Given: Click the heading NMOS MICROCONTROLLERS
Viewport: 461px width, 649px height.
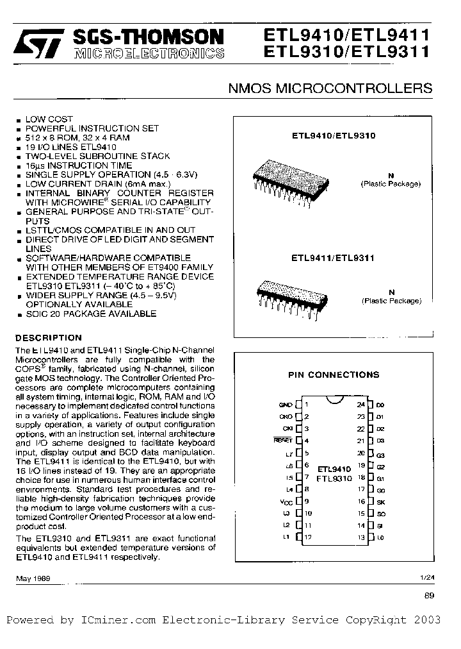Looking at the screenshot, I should (x=330, y=88).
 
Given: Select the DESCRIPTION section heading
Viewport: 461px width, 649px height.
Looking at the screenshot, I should (x=49, y=338).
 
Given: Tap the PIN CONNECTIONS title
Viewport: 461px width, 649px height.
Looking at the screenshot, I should (x=334, y=375).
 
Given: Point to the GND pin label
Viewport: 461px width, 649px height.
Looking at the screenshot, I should (x=285, y=405).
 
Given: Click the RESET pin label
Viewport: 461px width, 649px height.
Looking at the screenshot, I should (x=283, y=441).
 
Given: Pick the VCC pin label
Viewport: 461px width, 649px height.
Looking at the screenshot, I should (x=286, y=501).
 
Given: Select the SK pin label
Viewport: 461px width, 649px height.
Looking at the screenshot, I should (x=380, y=501).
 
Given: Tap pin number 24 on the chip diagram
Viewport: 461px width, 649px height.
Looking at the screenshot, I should (x=361, y=405).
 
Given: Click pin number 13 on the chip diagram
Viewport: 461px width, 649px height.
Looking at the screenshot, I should (x=361, y=537).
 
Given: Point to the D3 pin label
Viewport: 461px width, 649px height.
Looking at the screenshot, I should (x=380, y=441).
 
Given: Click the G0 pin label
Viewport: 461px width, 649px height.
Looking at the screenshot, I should (x=380, y=489).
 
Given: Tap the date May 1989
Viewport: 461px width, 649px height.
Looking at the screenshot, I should (x=33, y=578).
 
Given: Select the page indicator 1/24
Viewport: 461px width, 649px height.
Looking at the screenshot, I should (x=426, y=578).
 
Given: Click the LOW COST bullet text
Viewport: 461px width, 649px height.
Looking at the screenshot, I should (x=49, y=119).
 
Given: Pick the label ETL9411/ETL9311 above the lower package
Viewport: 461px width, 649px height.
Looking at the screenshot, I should (x=333, y=258).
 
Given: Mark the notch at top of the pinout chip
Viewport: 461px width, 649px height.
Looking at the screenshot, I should (x=333, y=400).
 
